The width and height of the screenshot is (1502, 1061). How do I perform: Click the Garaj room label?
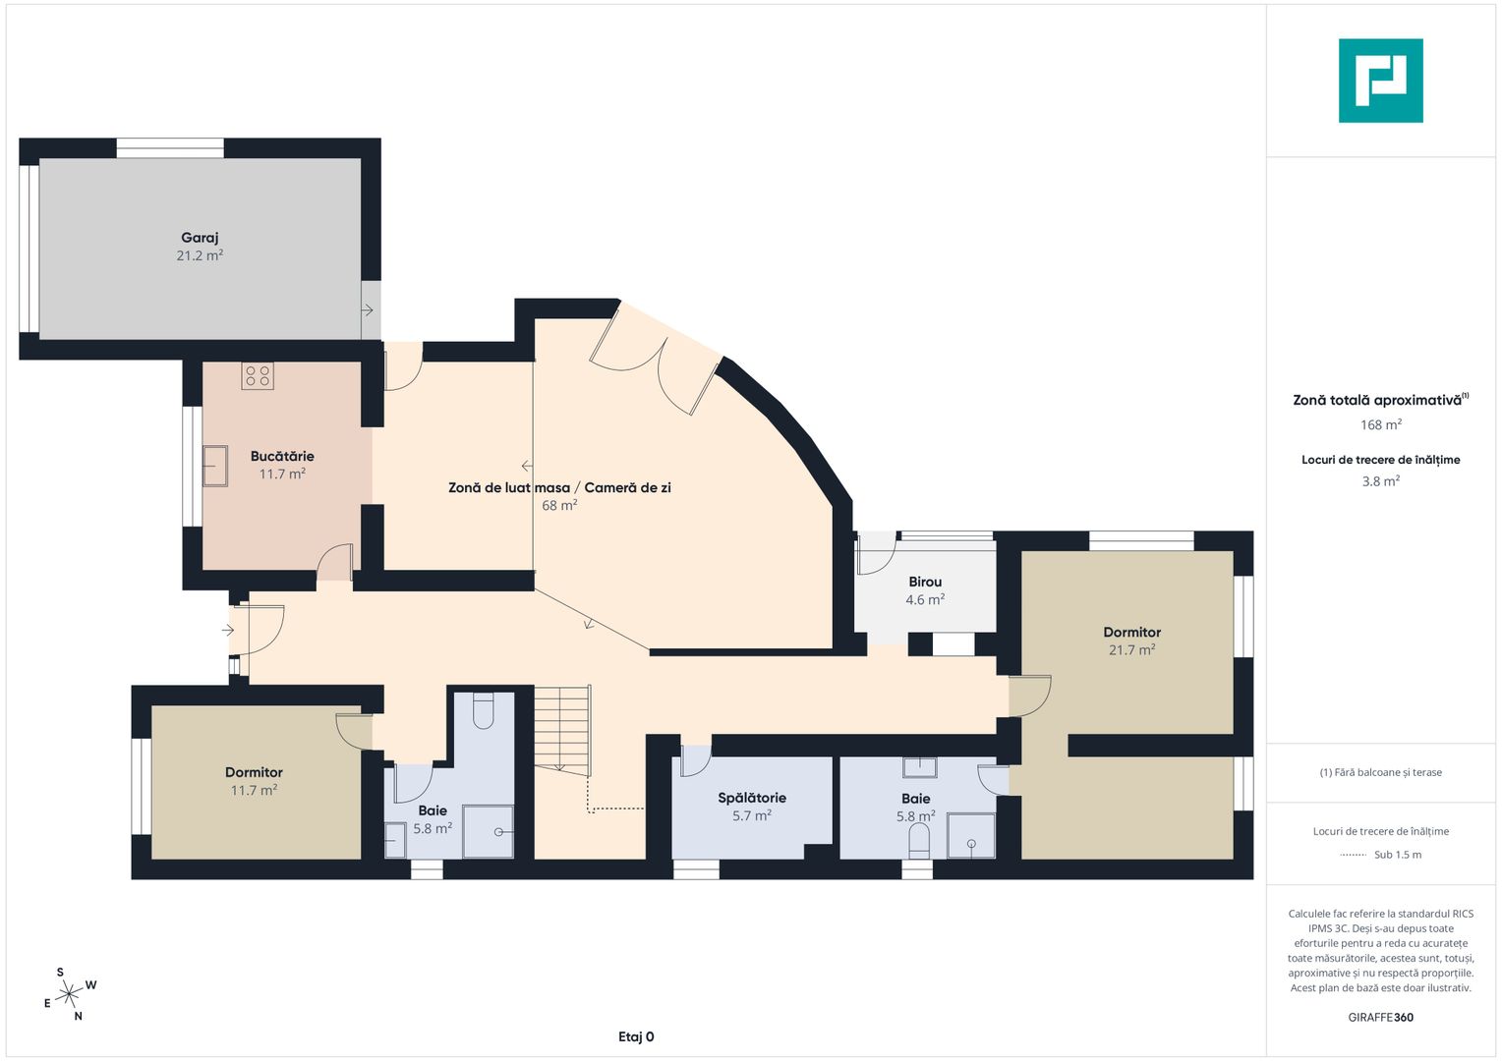point(200,238)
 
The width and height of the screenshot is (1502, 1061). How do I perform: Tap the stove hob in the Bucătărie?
point(258,376)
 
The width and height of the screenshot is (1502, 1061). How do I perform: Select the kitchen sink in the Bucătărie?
point(215,466)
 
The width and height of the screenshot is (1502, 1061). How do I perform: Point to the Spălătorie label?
point(752,798)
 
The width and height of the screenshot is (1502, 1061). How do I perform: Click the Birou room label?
point(925,582)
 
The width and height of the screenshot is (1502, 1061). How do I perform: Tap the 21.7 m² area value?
point(1131,649)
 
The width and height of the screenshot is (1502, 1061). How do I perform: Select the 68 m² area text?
point(559,505)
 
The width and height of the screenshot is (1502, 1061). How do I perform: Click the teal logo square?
point(1381,81)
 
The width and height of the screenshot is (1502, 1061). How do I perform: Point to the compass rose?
point(69,993)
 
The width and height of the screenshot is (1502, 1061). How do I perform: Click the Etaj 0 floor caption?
point(636,1036)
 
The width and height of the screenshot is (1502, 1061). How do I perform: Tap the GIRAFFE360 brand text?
point(1381,1017)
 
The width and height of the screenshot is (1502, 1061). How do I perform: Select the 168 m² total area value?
point(1381,424)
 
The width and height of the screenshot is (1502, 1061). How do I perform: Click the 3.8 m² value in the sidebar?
point(1381,480)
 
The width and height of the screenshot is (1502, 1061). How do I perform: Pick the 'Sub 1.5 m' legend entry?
point(1398,855)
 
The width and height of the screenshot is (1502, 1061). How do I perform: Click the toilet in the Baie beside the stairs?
point(483,710)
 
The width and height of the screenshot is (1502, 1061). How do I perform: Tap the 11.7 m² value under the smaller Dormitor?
point(255,790)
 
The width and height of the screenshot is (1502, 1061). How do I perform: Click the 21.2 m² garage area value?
point(200,255)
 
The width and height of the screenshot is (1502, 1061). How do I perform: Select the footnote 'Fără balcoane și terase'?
point(1381,772)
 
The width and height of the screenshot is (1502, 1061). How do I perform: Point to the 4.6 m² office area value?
point(925,600)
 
